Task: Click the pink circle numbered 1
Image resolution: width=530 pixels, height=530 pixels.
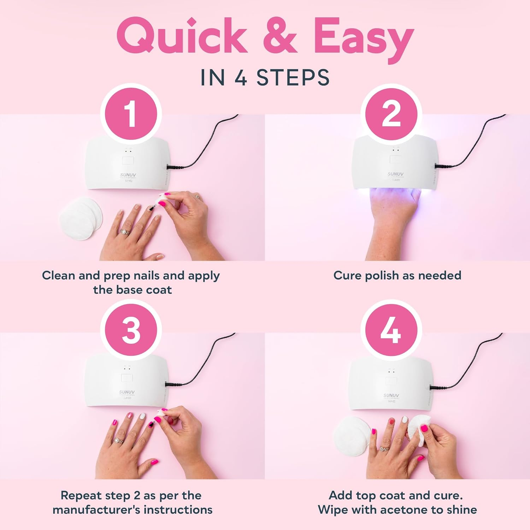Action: tap(131, 114)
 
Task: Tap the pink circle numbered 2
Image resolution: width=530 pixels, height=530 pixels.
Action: tap(391, 114)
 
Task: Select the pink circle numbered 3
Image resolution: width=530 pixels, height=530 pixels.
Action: tap(131, 331)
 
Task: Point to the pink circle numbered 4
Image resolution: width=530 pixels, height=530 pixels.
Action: tap(391, 331)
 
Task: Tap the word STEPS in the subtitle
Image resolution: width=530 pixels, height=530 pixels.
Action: tap(293, 78)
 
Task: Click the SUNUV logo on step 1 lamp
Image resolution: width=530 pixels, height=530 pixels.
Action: tap(128, 175)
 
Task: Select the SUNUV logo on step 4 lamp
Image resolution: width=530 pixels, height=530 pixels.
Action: tap(391, 395)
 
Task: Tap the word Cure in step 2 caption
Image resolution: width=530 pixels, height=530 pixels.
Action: tap(348, 275)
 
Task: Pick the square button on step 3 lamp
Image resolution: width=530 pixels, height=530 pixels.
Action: tap(127, 378)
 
